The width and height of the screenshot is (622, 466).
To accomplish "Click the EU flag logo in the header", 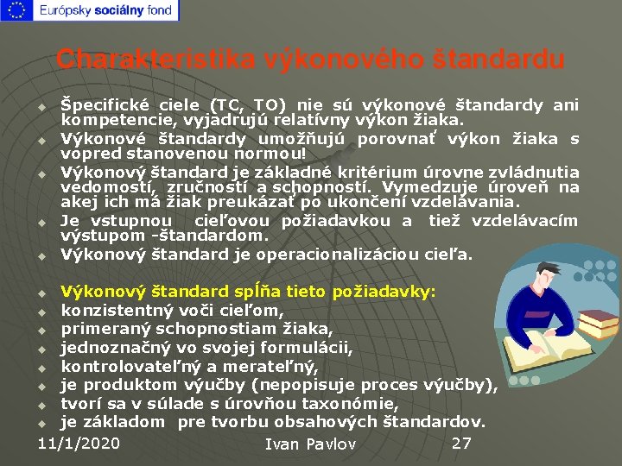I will [x=17, y=11].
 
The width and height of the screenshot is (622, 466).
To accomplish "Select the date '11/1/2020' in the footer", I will [x=79, y=443].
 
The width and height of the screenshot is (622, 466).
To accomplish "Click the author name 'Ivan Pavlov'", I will [x=310, y=444].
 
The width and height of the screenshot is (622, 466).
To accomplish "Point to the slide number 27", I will [x=461, y=443].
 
